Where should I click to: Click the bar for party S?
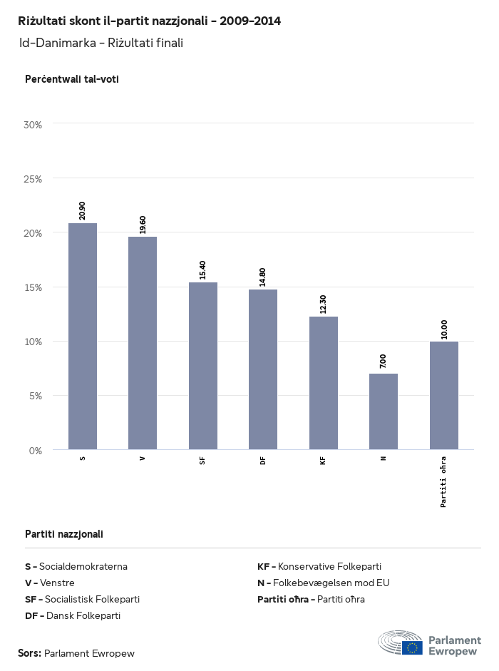pyautogui.click(x=83, y=337)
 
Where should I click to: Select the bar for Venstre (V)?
pyautogui.click(x=143, y=343)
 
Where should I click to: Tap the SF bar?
pyautogui.click(x=203, y=366)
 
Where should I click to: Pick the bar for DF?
pyautogui.click(x=263, y=369)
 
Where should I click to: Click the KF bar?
pyautogui.click(x=323, y=383)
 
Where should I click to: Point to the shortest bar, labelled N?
pyautogui.click(x=384, y=411)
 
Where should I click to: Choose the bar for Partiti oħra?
pyautogui.click(x=443, y=396)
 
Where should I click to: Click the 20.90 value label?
pyautogui.click(x=83, y=210)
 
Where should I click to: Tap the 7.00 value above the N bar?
pyautogui.click(x=384, y=361)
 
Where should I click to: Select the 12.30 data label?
pyautogui.click(x=323, y=304)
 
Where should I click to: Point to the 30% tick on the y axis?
pyautogui.click(x=34, y=125)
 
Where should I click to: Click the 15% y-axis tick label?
pyautogui.click(x=34, y=287)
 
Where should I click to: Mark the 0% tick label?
pyautogui.click(x=36, y=451)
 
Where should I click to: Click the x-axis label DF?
pyautogui.click(x=263, y=461)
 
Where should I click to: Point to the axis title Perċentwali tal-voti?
pyautogui.click(x=71, y=79)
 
